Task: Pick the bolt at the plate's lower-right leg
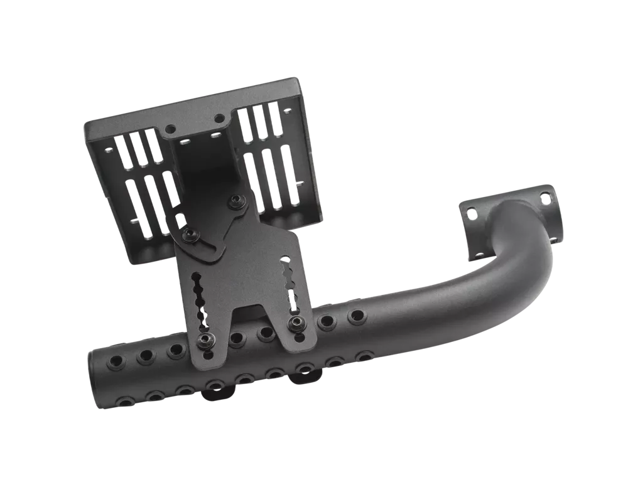(295, 323)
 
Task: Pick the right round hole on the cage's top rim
(219, 117)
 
